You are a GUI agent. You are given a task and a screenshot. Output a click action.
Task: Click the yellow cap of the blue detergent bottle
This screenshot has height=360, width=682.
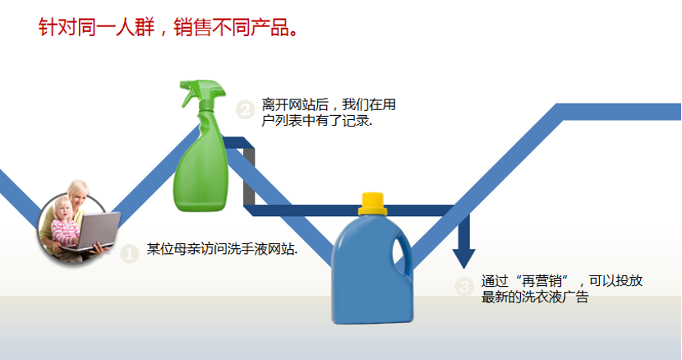click(x=373, y=204)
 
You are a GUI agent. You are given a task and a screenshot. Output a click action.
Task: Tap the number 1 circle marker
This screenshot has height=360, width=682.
click(x=130, y=254)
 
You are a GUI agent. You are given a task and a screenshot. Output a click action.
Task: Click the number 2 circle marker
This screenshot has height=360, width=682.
click(x=246, y=109)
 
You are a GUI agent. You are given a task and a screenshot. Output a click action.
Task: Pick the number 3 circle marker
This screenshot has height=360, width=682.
click(x=464, y=286)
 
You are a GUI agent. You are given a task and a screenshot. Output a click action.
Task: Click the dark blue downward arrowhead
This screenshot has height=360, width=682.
click(x=463, y=259)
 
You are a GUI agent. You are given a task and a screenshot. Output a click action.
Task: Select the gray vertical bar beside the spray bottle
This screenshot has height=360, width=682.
click(x=248, y=177)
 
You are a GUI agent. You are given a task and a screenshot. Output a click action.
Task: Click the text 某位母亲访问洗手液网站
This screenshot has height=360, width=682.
click(x=222, y=249)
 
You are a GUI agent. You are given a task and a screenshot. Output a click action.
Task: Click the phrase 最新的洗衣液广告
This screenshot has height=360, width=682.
click(x=535, y=297)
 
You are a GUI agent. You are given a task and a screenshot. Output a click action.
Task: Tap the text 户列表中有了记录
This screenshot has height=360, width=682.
click(x=316, y=121)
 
